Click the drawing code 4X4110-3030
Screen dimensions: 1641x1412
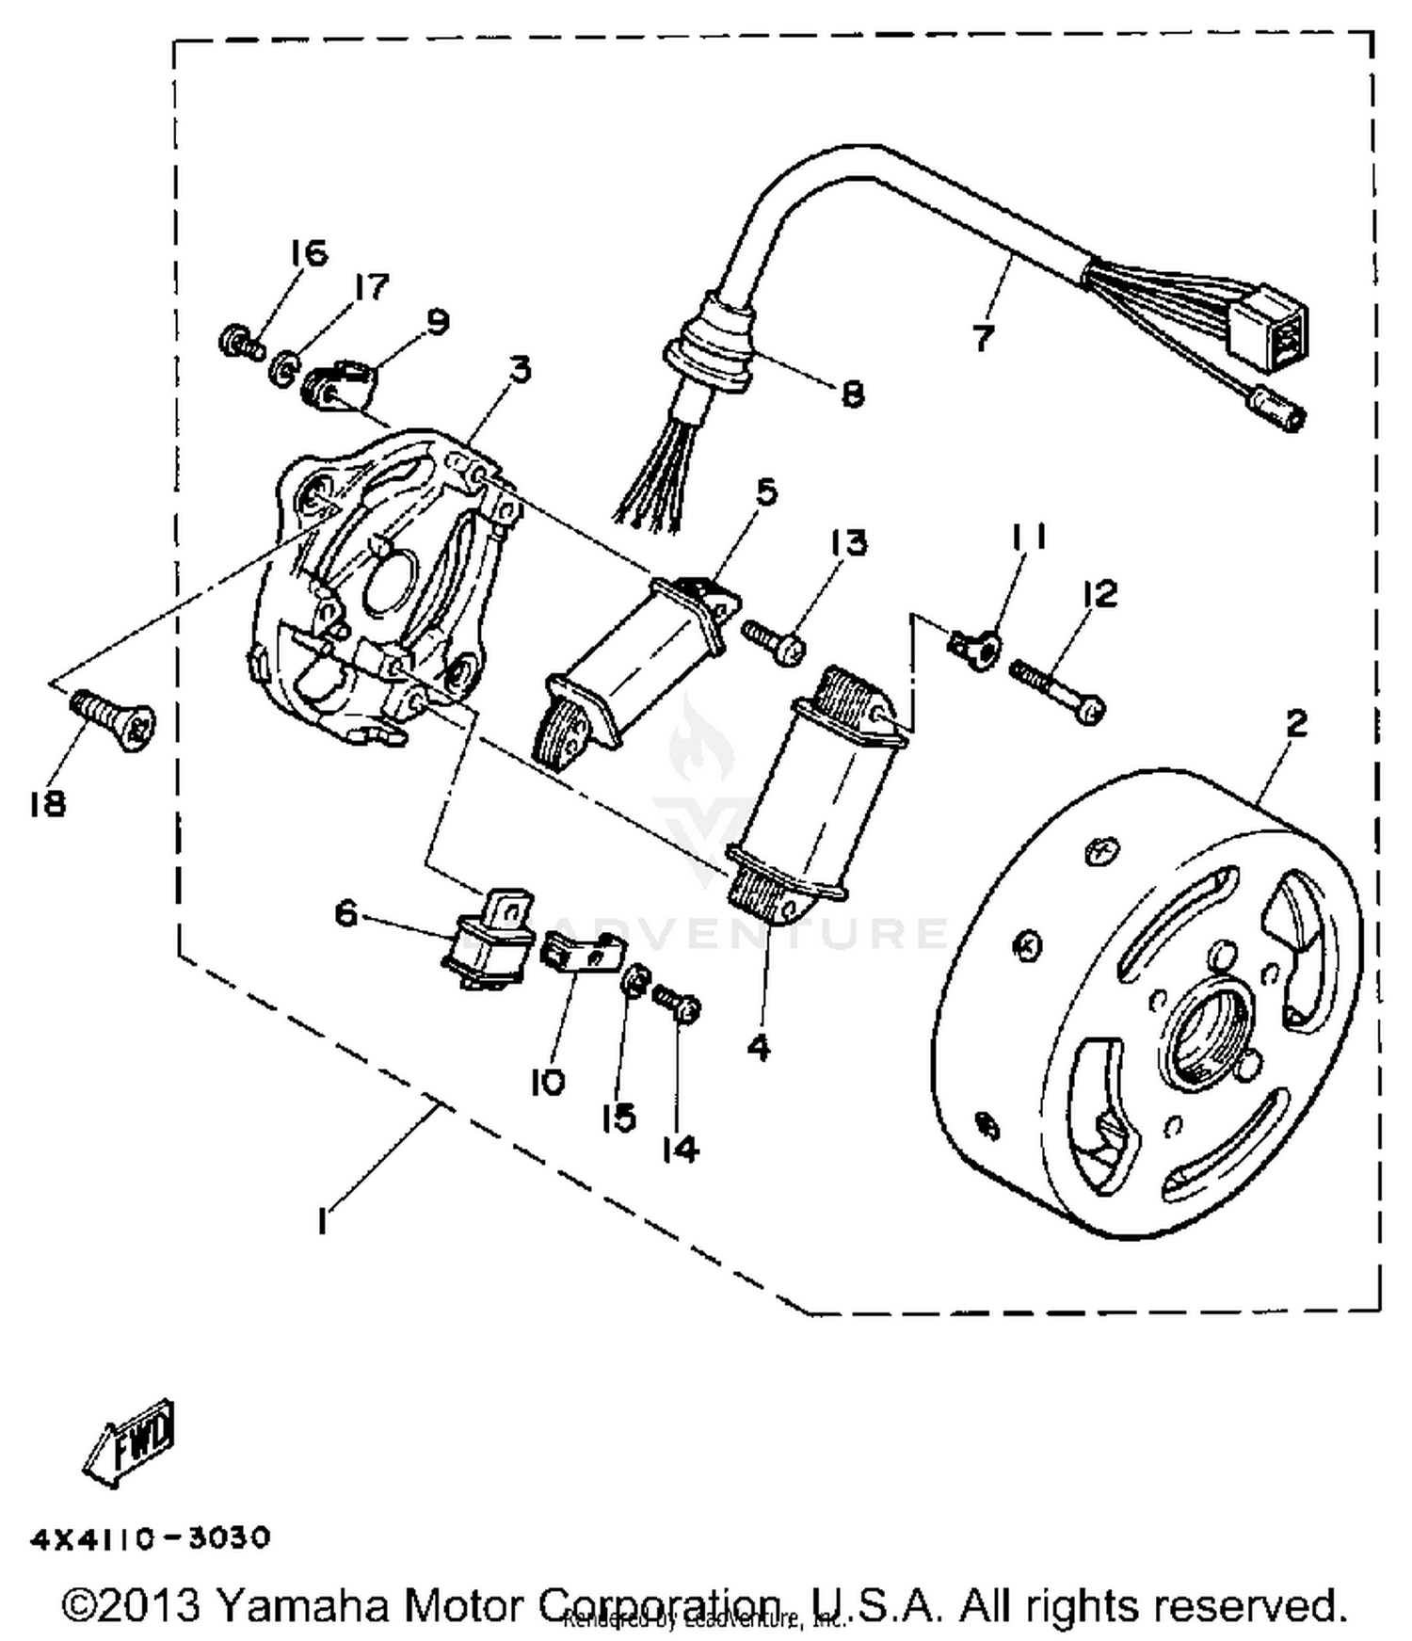[151, 1538]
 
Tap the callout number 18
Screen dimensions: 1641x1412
[46, 803]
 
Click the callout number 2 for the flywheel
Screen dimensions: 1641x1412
[1296, 723]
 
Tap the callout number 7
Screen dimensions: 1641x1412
[983, 336]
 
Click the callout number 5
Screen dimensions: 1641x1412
[767, 491]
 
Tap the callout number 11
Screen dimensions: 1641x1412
[1028, 537]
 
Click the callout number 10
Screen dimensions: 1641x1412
[547, 1083]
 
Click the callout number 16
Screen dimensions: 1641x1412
[308, 252]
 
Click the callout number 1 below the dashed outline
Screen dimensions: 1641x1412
[323, 1222]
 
